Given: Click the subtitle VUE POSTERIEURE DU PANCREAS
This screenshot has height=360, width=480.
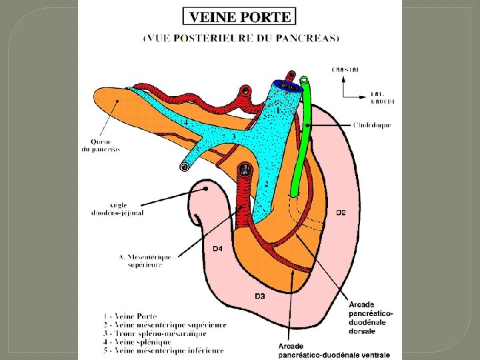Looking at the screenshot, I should [241, 38].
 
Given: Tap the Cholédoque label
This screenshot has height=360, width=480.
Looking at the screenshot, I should [371, 125].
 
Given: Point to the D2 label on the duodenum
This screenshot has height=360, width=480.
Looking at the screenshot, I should [341, 213].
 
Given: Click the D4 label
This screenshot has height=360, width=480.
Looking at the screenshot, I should [217, 249].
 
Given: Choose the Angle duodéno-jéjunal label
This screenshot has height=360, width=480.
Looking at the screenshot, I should [117, 209].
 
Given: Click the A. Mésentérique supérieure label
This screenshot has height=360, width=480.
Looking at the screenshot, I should [145, 261].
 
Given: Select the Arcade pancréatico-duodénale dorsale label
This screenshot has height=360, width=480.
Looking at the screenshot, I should [371, 317].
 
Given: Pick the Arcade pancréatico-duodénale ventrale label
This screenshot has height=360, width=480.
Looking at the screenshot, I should [334, 350].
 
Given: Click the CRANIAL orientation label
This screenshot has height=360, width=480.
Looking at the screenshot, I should [345, 69].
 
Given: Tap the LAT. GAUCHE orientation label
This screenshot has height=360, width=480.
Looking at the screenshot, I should [382, 98].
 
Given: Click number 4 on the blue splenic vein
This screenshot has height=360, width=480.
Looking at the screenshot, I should [185, 123].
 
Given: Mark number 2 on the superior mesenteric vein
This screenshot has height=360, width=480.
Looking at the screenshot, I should [267, 183].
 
